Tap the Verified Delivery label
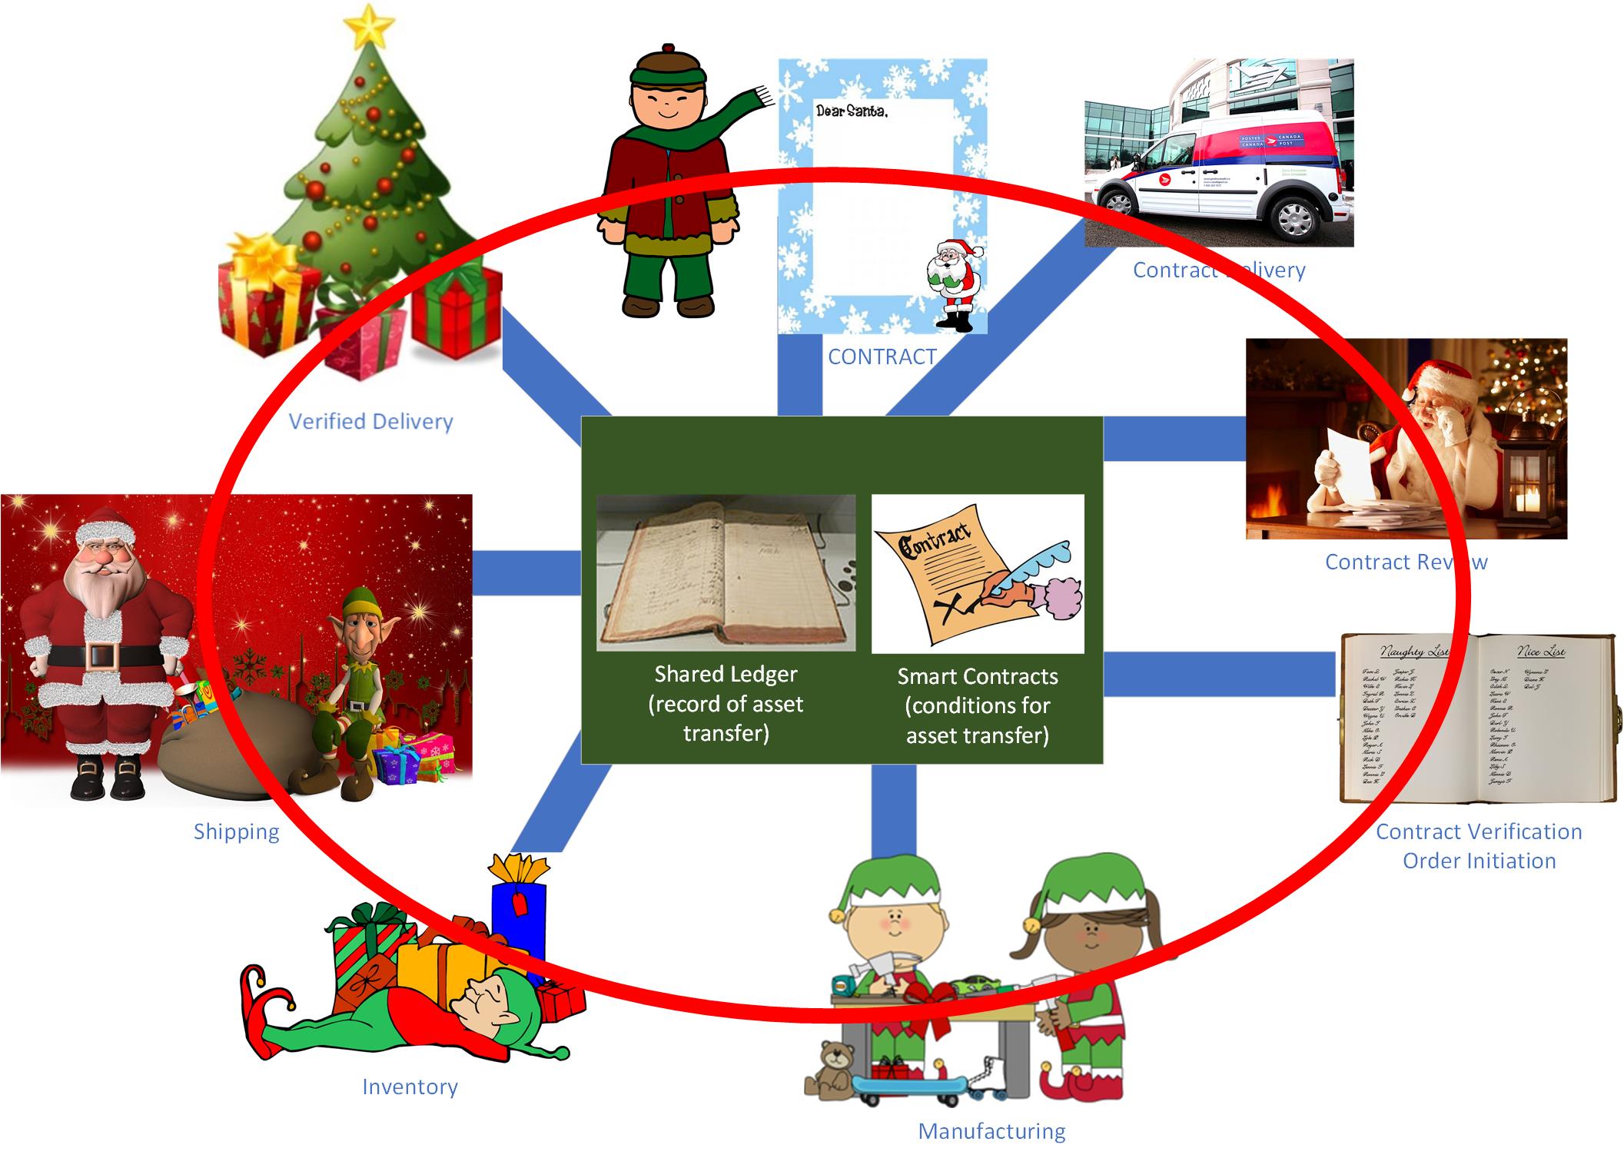[x=370, y=421]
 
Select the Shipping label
[x=236, y=831]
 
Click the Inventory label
[x=410, y=1087]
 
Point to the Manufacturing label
[x=991, y=1131]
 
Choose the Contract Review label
[x=1406, y=562]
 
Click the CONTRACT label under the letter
[x=882, y=357]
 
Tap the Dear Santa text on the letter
[x=852, y=111]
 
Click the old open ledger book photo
[x=726, y=572]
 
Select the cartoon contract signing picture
[x=978, y=573]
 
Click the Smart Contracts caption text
[x=978, y=705]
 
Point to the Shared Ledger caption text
[x=726, y=703]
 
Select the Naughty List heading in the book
[x=1413, y=652]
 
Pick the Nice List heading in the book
[x=1540, y=652]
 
